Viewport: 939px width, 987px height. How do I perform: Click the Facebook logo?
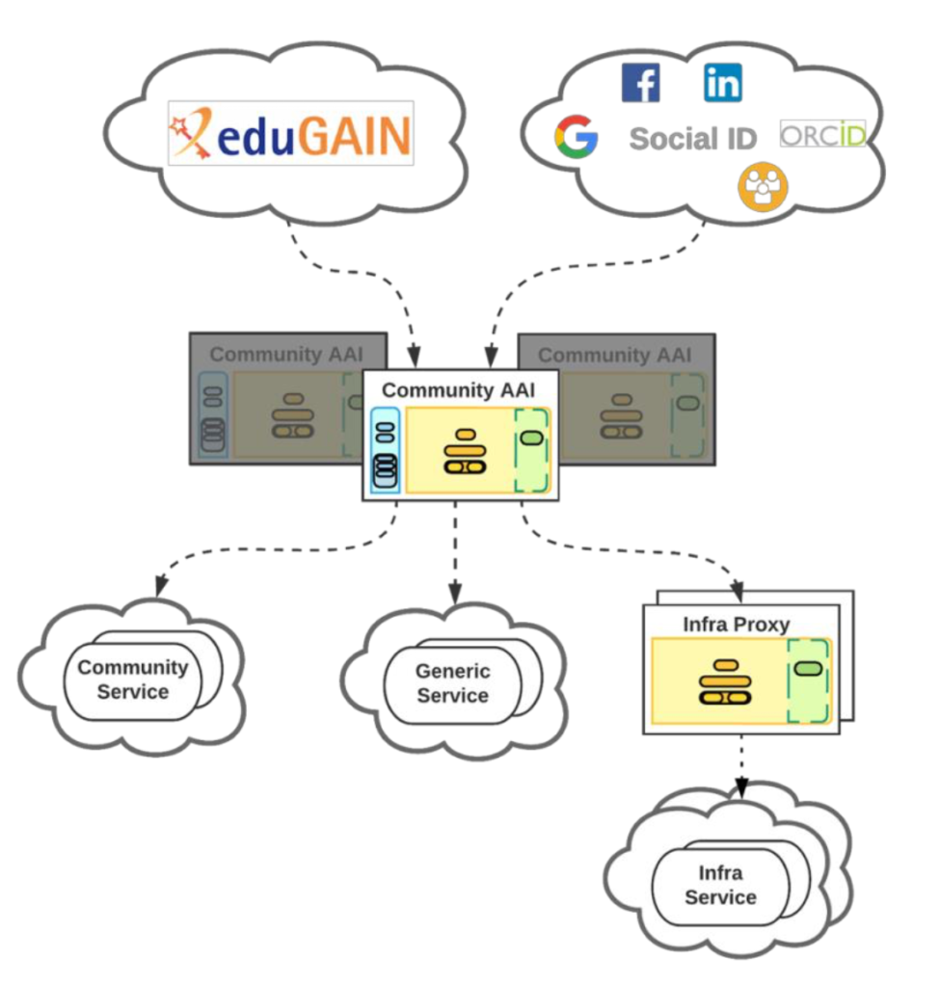point(640,83)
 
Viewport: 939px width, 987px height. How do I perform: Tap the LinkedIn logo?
point(722,83)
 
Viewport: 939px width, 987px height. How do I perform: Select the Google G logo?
point(576,137)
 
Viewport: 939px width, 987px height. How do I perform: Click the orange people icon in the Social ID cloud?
point(763,187)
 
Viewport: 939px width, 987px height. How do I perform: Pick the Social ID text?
point(693,139)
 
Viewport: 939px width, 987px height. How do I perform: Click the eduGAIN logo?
point(291,133)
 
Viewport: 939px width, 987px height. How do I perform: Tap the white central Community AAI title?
point(459,390)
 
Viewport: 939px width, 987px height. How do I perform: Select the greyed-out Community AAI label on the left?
point(286,355)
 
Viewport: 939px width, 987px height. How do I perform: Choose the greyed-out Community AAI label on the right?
point(615,355)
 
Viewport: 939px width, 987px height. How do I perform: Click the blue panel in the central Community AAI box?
point(386,450)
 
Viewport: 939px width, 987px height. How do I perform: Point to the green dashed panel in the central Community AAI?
point(531,450)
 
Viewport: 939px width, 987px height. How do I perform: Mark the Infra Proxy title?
point(737,625)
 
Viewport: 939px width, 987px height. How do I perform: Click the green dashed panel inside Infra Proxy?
point(808,681)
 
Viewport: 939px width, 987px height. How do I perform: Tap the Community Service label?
point(133,680)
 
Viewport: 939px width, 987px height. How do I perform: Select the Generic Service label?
point(453,683)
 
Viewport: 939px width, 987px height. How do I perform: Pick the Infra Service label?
point(720,885)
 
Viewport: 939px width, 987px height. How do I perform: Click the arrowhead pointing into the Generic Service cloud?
point(455,594)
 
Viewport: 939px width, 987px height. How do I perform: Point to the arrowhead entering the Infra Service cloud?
point(742,787)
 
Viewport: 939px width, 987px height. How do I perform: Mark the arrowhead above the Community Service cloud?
point(161,585)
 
